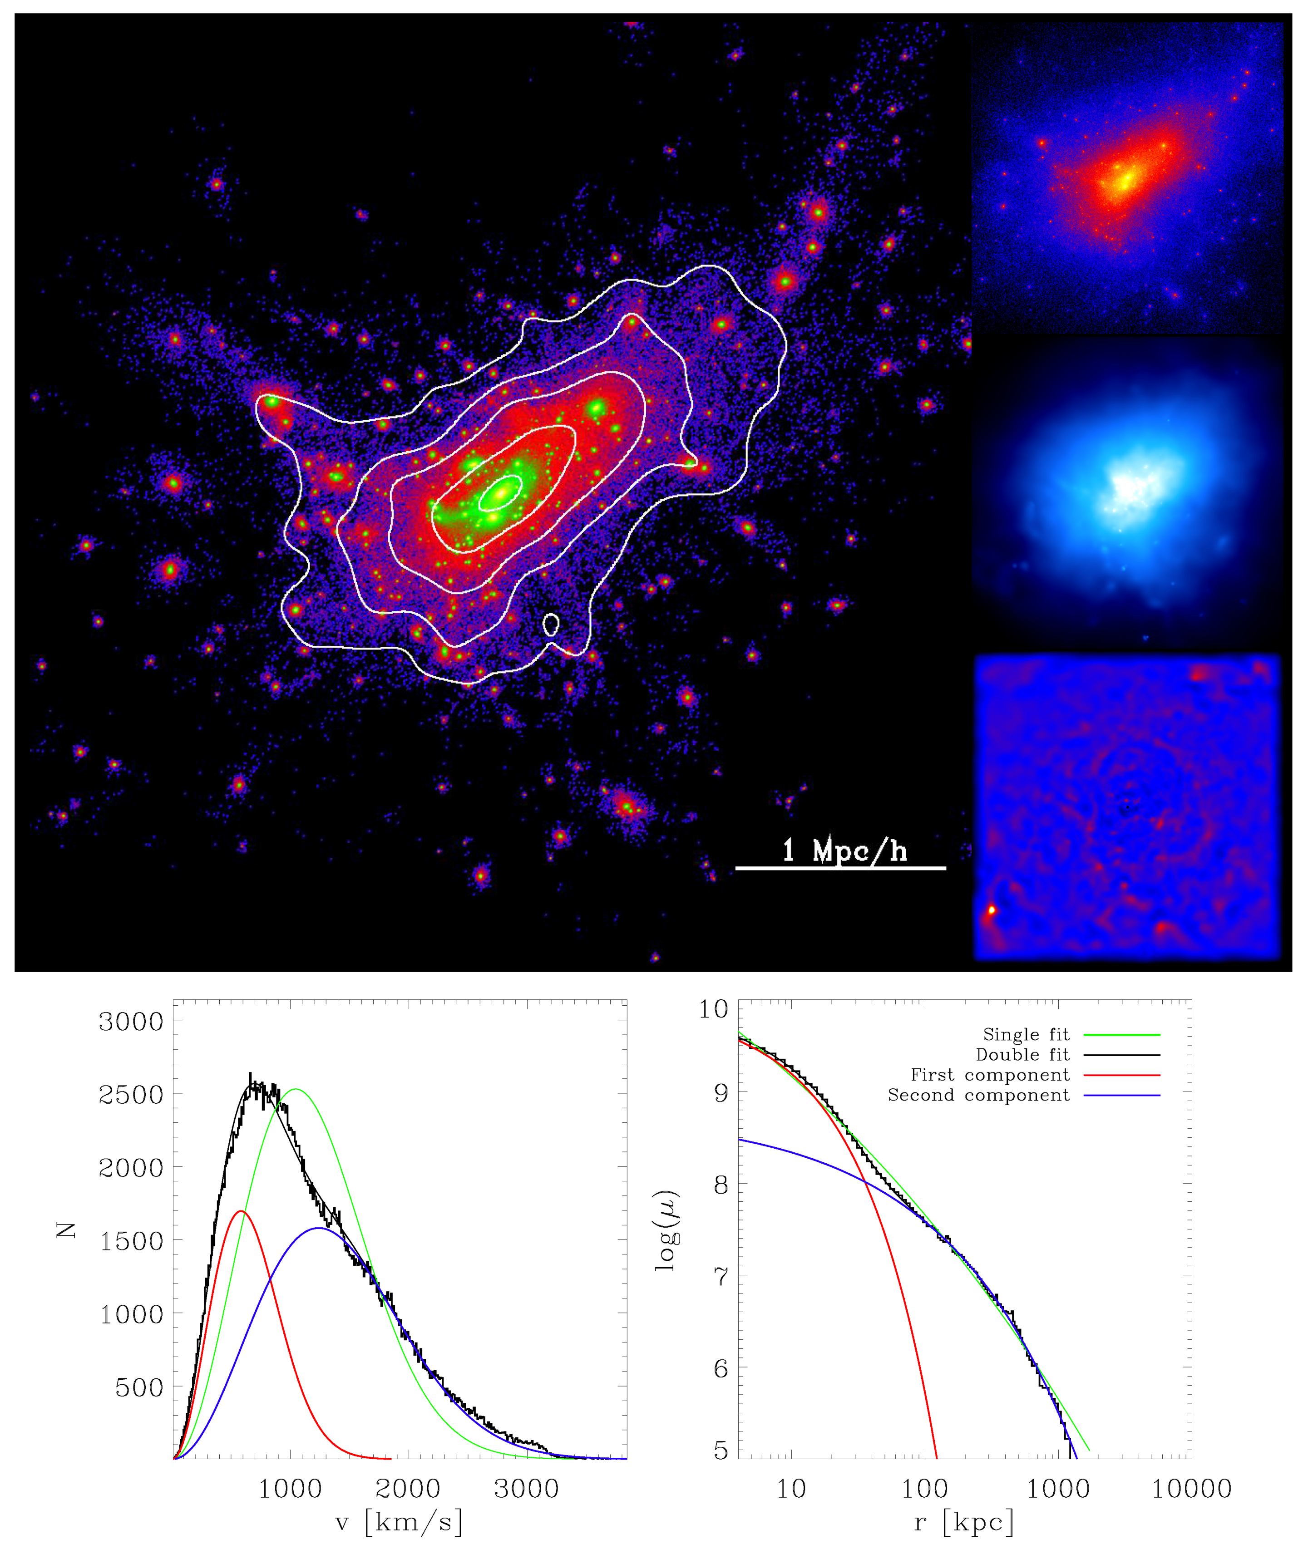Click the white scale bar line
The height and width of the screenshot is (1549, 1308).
click(x=840, y=867)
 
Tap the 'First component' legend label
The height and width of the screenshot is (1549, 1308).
click(x=990, y=1075)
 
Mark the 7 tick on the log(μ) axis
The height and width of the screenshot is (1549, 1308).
click(x=721, y=1276)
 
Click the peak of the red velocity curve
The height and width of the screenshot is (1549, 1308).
click(x=240, y=1211)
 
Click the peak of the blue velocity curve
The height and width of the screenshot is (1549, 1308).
click(x=319, y=1228)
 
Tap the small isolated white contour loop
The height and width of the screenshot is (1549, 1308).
click(x=551, y=624)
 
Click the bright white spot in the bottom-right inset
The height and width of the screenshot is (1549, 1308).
click(x=992, y=910)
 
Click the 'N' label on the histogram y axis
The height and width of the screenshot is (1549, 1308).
click(x=67, y=1230)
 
